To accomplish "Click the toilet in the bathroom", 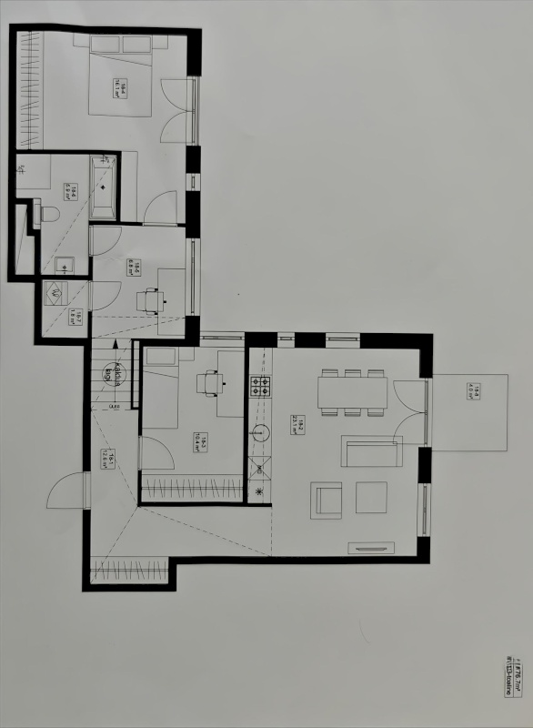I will tap(50, 214).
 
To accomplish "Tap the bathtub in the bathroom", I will tap(103, 187).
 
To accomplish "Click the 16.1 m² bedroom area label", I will tap(119, 88).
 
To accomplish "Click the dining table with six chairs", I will tap(352, 392).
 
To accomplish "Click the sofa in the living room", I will tap(371, 451).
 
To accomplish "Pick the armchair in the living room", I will tap(327, 500).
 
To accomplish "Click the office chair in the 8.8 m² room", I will tap(150, 298).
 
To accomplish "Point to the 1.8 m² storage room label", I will tap(79, 318).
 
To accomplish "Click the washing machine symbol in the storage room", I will tap(53, 294).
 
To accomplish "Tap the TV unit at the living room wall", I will tap(371, 548).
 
